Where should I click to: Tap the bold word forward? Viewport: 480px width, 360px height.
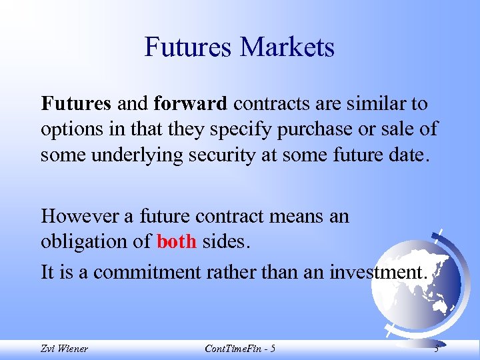[191, 104]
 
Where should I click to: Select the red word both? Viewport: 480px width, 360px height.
[177, 241]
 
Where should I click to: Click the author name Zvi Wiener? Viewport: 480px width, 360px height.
[63, 349]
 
